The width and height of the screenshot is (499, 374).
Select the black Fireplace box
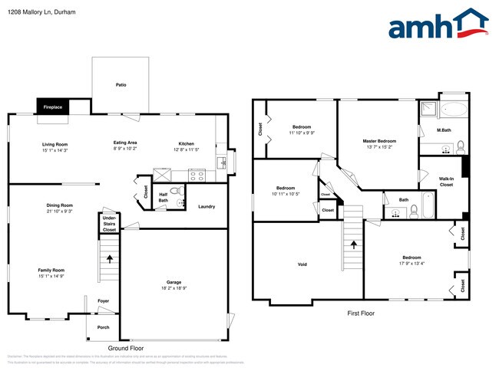click(52, 107)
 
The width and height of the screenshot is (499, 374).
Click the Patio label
click(121, 85)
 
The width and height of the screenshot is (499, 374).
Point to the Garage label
click(174, 282)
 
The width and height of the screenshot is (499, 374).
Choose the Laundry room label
click(206, 206)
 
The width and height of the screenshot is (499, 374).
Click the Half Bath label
click(164, 197)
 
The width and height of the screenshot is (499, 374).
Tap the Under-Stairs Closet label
click(109, 224)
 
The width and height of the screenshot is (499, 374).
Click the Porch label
click(103, 327)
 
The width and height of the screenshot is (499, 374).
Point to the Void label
click(302, 265)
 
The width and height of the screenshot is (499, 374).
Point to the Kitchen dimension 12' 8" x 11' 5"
click(187, 150)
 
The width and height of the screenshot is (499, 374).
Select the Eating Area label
click(125, 143)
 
